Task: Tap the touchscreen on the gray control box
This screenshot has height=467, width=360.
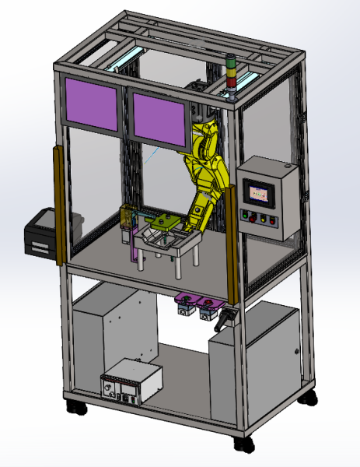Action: [x=259, y=190]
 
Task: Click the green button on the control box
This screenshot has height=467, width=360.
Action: [x=247, y=215]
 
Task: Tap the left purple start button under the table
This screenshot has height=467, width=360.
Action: [x=186, y=300]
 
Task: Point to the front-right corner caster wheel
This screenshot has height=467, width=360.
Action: [x=244, y=444]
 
